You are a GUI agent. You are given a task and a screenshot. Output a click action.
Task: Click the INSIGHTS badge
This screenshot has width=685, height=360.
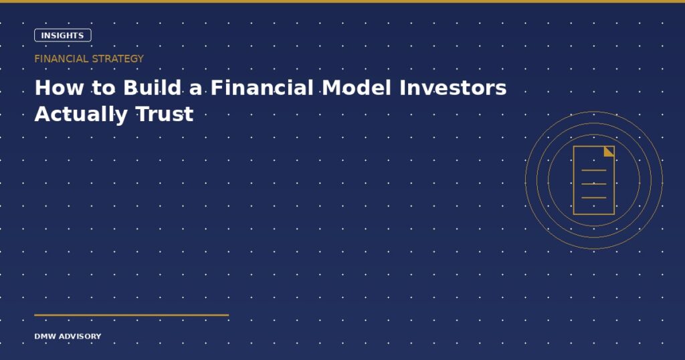tap(62, 35)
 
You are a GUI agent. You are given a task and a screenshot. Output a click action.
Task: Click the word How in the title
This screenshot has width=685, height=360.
tap(59, 88)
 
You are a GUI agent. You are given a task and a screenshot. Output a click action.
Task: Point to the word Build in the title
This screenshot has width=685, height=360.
tap(153, 88)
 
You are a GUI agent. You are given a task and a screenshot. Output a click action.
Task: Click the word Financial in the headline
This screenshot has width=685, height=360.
tap(262, 88)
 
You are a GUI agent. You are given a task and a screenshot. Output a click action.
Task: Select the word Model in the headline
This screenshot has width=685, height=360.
tap(357, 88)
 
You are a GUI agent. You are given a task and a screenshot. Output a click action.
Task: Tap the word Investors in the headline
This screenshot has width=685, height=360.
tap(453, 88)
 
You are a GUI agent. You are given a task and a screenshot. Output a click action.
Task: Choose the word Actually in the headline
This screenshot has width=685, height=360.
tap(81, 114)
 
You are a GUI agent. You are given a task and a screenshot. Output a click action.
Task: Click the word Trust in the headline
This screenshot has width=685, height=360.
tap(165, 114)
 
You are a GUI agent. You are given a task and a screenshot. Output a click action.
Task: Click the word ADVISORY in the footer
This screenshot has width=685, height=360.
tap(80, 337)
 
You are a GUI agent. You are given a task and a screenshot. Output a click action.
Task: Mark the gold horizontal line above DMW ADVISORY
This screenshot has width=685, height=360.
tap(132, 314)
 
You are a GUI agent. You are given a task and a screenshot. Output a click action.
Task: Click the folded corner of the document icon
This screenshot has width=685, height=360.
tap(610, 151)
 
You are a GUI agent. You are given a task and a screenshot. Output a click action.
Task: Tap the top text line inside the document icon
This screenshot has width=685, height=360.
tap(594, 170)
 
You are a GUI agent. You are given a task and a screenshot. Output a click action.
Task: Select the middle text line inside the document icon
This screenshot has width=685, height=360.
tap(594, 184)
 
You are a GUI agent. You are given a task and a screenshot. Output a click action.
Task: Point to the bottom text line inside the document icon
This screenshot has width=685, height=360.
tap(594, 197)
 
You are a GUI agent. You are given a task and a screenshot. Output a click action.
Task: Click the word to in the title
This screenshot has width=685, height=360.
tap(104, 89)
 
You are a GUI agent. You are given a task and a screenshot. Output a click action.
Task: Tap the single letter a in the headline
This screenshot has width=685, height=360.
tap(196, 90)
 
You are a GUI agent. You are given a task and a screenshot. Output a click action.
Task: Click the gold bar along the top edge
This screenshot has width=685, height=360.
tap(342, 1)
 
